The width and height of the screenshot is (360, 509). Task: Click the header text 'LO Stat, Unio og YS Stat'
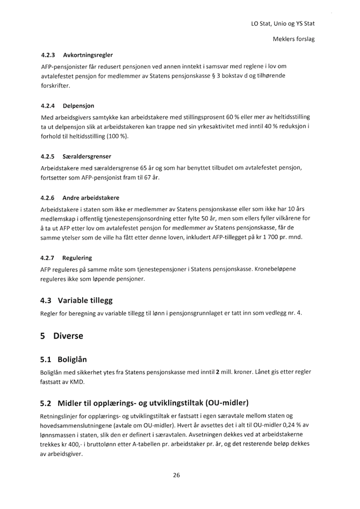click(282, 24)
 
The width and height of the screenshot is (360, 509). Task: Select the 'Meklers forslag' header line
click(293, 40)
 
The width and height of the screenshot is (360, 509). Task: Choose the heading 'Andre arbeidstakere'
click(91, 198)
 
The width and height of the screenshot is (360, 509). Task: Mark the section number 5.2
click(49, 403)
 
